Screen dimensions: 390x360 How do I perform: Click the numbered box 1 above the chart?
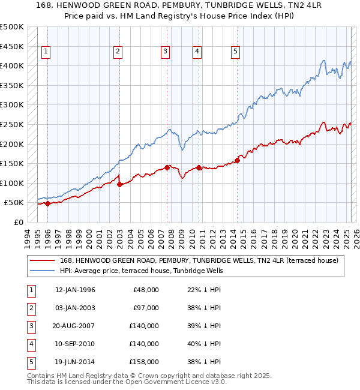47,52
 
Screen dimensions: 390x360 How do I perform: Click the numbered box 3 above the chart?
165,52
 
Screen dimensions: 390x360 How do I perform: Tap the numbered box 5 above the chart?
235,52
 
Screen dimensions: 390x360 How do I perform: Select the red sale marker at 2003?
119,184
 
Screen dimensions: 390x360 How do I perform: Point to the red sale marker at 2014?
238,160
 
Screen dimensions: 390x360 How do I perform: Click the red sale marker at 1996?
47,203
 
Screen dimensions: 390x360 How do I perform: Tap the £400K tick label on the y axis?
12,65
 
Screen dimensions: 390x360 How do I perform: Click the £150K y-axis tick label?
12,163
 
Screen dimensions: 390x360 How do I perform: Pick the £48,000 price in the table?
146,290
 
